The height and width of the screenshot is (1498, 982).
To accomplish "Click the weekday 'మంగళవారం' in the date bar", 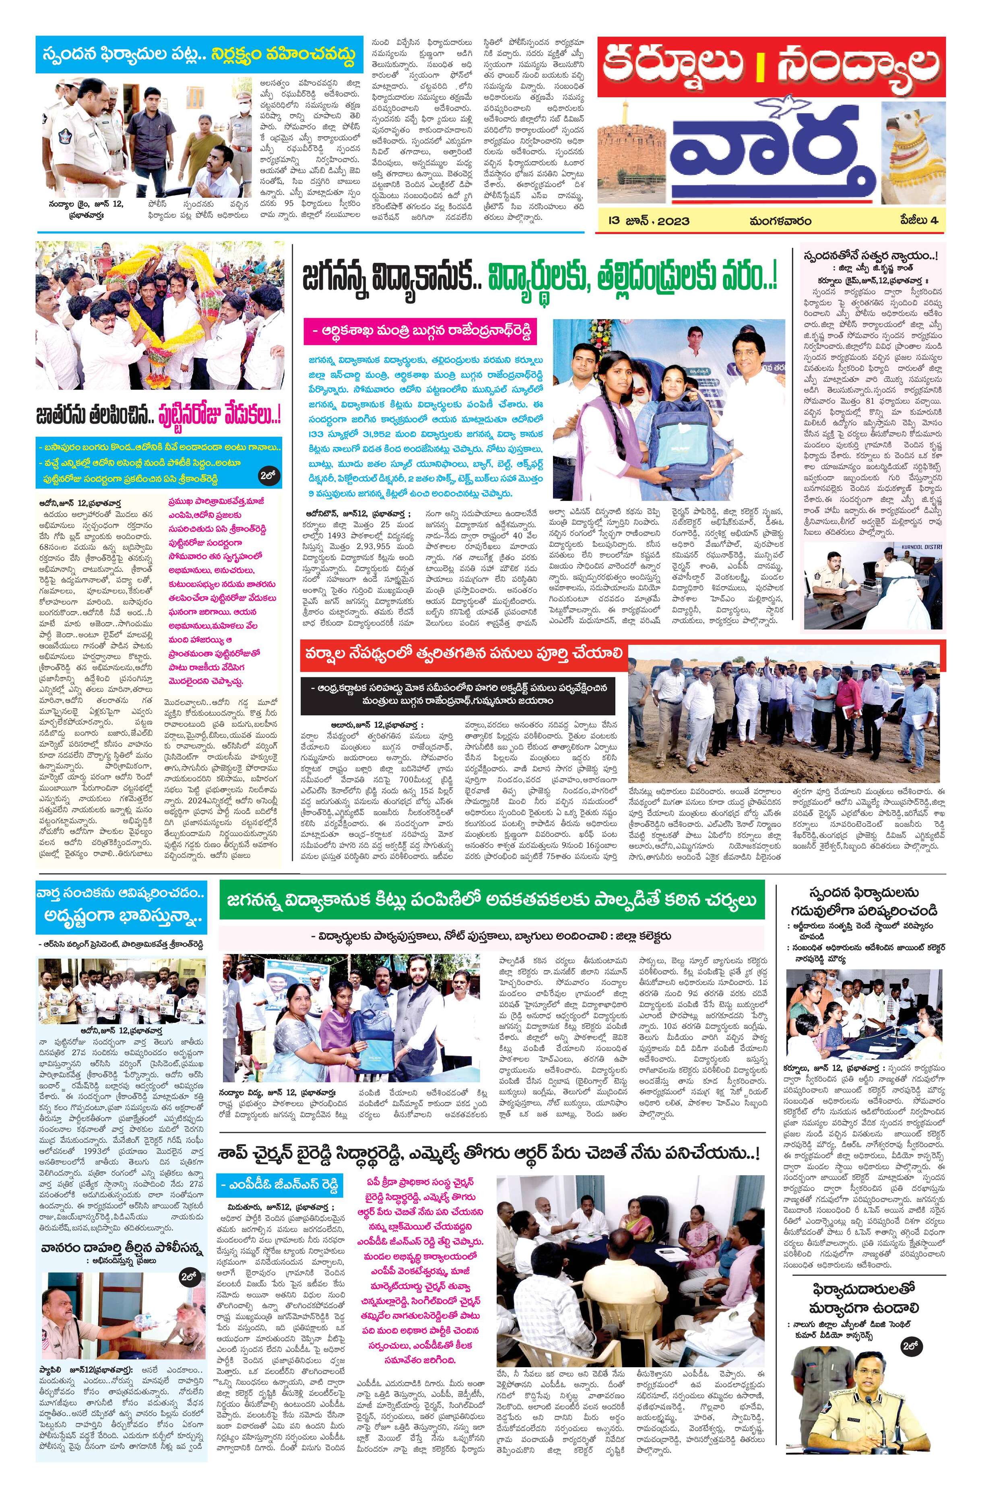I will [780, 221].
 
